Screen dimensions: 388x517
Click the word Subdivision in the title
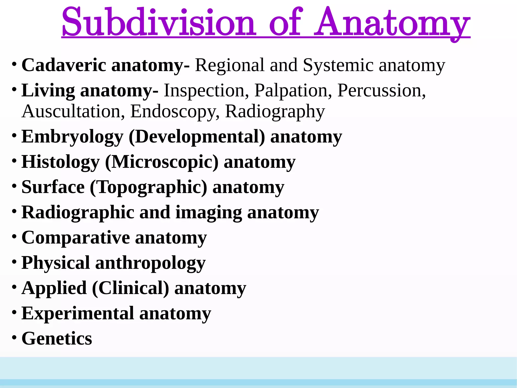point(159,22)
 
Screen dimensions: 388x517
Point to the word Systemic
point(338,65)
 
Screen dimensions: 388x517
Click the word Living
point(48,90)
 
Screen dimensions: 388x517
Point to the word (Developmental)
point(197,137)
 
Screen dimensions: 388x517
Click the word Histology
point(61,162)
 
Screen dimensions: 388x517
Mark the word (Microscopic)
point(162,162)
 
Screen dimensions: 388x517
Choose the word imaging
point(209,212)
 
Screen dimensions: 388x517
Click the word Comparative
point(76,238)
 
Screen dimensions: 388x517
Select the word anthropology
point(150,263)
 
